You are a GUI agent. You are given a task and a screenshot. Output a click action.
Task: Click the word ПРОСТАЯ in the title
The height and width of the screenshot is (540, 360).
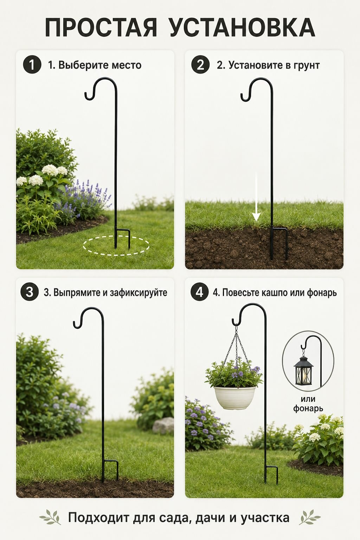[101, 27]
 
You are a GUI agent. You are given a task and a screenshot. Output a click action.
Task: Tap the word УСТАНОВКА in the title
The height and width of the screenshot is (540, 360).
[243, 27]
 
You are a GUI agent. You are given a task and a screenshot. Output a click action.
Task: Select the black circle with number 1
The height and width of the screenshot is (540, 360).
[32, 65]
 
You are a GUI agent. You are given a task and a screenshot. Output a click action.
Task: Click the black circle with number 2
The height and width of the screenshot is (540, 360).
[200, 64]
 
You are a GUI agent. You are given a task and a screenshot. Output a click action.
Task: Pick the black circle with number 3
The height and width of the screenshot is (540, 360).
[30, 292]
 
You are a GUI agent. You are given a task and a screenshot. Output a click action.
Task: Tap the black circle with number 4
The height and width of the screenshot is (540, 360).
[199, 292]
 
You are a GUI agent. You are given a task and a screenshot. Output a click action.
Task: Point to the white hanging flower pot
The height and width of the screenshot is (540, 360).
[234, 398]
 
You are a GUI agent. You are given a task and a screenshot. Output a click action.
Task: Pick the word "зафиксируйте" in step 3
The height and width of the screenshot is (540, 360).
[139, 292]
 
